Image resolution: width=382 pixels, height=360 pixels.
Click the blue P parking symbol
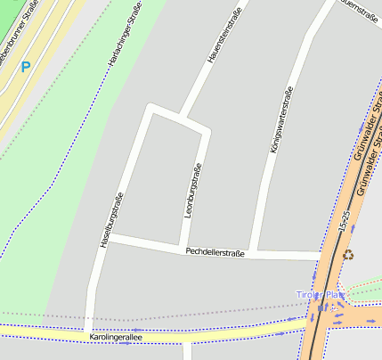coord(26,67)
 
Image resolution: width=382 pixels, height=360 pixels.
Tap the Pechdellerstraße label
coord(215,253)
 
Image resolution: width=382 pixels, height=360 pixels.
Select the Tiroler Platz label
coord(320,294)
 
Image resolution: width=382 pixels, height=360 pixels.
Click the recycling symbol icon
coord(348,254)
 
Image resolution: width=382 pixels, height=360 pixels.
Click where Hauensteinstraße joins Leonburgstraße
coord(182,119)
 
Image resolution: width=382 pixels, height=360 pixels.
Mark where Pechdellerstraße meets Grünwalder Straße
coord(322,257)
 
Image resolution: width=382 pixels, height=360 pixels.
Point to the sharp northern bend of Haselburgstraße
coord(151,109)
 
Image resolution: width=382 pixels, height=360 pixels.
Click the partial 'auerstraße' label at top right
coord(360,9)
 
